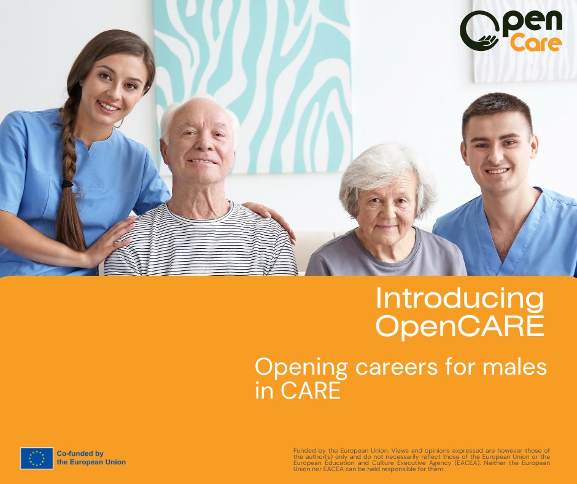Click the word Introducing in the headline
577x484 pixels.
click(x=460, y=299)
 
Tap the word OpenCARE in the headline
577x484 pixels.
click(x=460, y=326)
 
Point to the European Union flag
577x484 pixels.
click(x=37, y=458)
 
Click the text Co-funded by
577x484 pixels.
click(x=80, y=454)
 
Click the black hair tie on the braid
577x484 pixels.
click(x=68, y=184)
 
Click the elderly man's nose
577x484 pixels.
click(x=199, y=145)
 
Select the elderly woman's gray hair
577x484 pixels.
click(x=387, y=173)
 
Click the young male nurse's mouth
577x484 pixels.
click(x=497, y=171)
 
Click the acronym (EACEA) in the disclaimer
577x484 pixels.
click(x=467, y=463)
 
